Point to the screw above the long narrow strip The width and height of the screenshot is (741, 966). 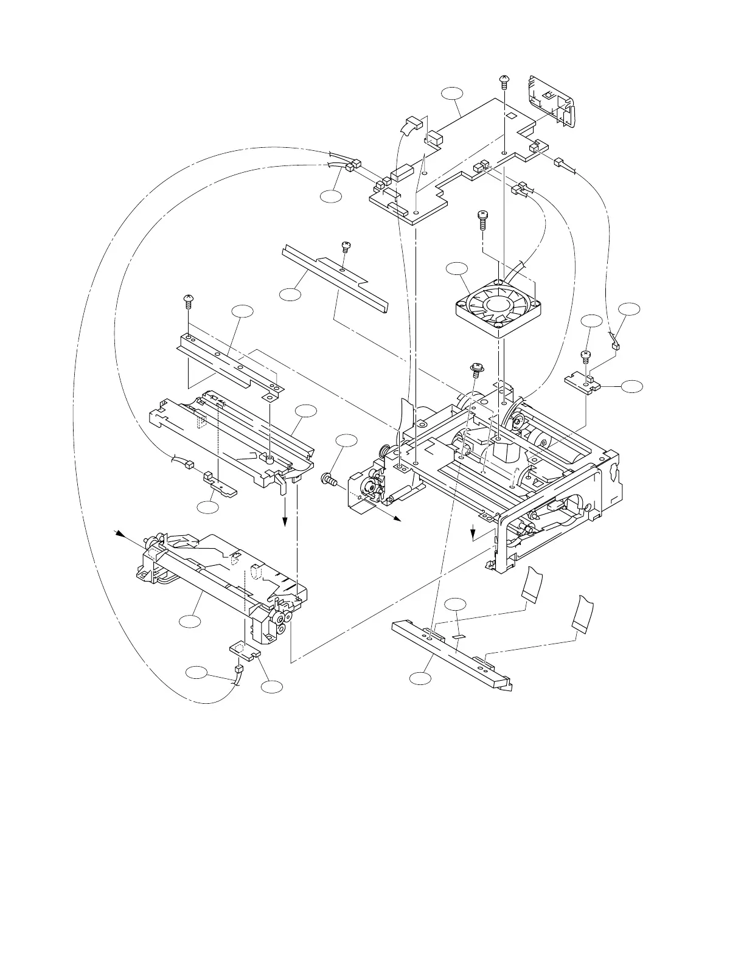click(x=346, y=246)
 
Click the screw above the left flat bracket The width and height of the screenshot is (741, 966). click(x=187, y=299)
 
